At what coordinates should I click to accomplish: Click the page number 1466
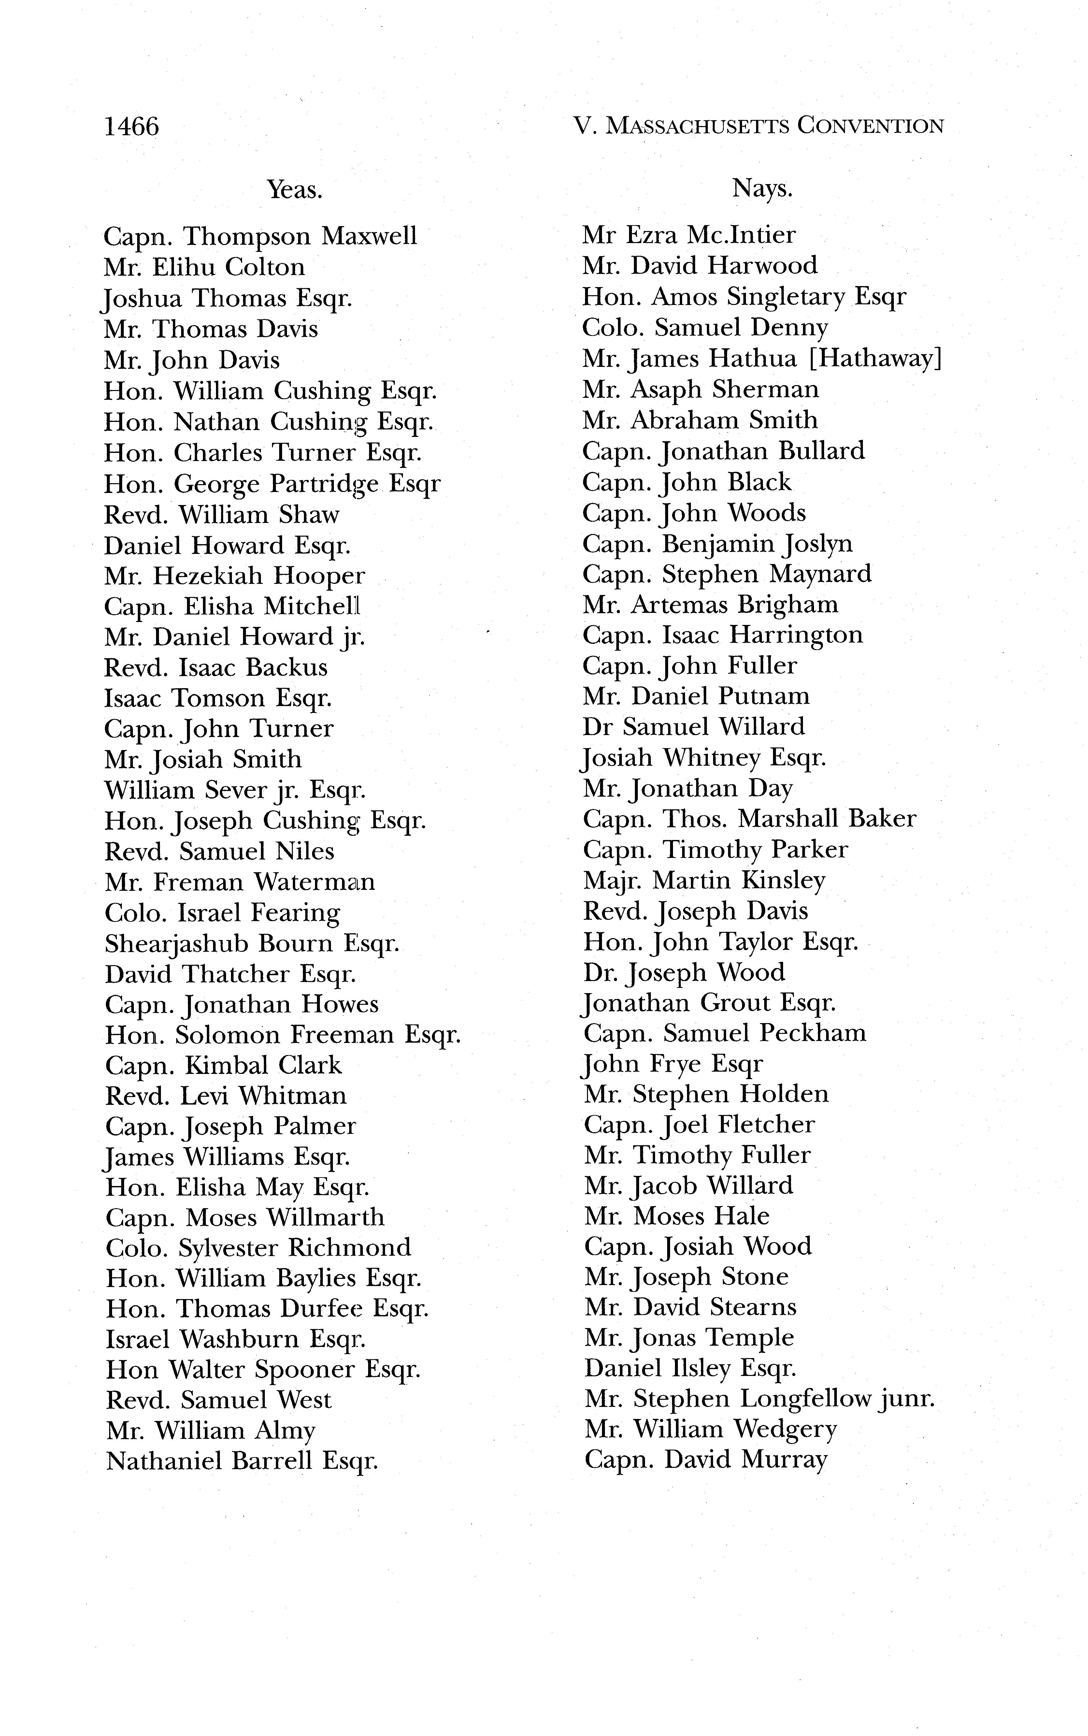[132, 127]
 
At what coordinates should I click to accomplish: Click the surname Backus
[286, 668]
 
